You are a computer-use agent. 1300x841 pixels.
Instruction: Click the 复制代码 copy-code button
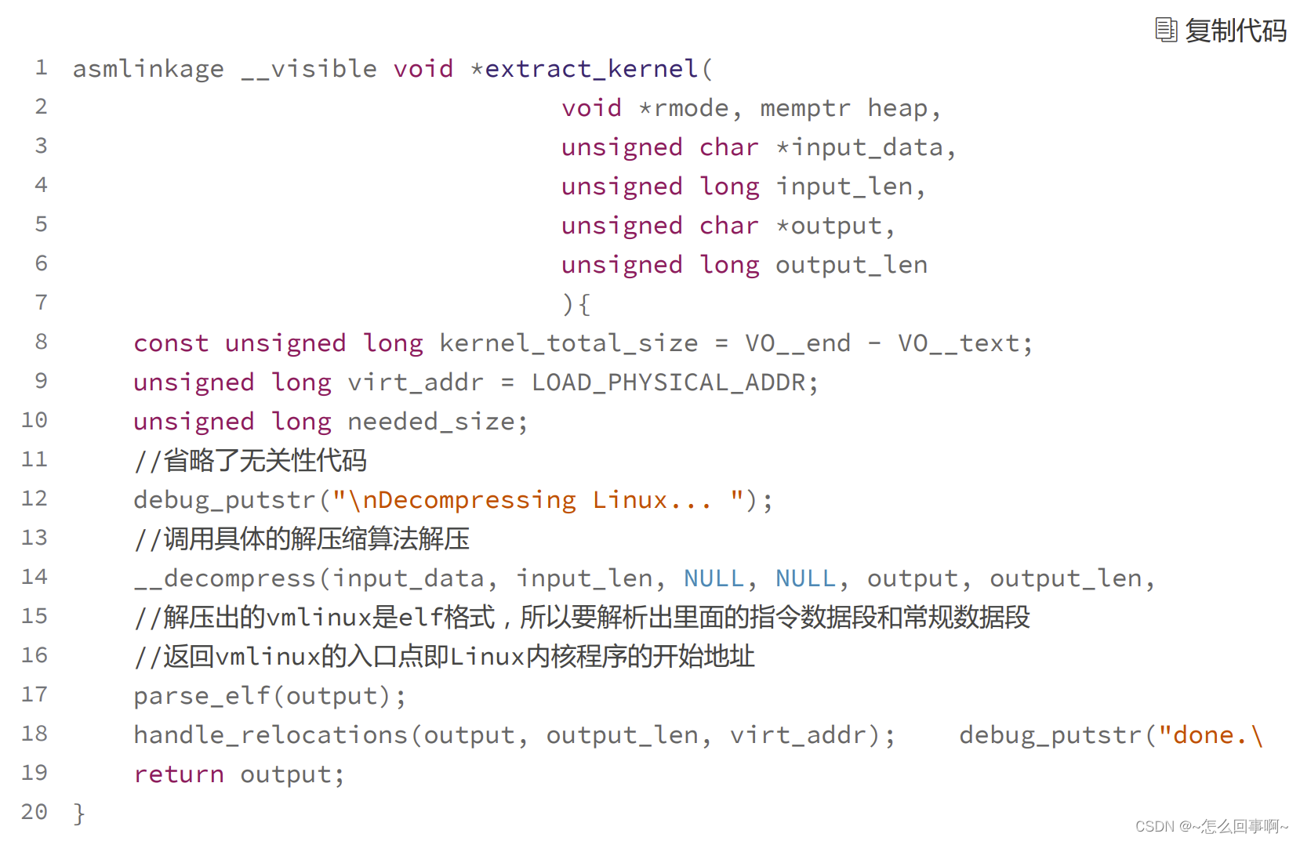point(1222,31)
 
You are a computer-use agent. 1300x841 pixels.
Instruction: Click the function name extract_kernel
point(591,69)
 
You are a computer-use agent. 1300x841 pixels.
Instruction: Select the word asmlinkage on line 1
point(148,69)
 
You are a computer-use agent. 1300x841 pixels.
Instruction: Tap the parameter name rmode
point(691,108)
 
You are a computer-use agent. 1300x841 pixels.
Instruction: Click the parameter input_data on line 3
point(867,147)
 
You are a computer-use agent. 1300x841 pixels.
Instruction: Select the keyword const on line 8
point(171,343)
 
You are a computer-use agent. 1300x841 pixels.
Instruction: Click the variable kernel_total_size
point(568,343)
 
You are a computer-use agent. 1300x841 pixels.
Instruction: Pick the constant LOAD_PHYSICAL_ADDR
point(668,382)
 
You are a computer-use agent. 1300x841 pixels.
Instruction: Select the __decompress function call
point(224,578)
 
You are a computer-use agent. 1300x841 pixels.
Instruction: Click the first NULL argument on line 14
point(714,578)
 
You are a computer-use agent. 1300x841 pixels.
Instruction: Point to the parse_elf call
point(202,696)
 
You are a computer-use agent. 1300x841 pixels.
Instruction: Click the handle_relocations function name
point(271,735)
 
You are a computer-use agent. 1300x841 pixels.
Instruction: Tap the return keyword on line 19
point(179,774)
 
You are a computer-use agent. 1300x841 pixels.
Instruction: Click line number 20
point(34,812)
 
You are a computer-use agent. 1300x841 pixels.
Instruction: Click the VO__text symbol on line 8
point(959,343)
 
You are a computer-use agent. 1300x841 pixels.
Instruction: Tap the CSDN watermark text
point(1211,826)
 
